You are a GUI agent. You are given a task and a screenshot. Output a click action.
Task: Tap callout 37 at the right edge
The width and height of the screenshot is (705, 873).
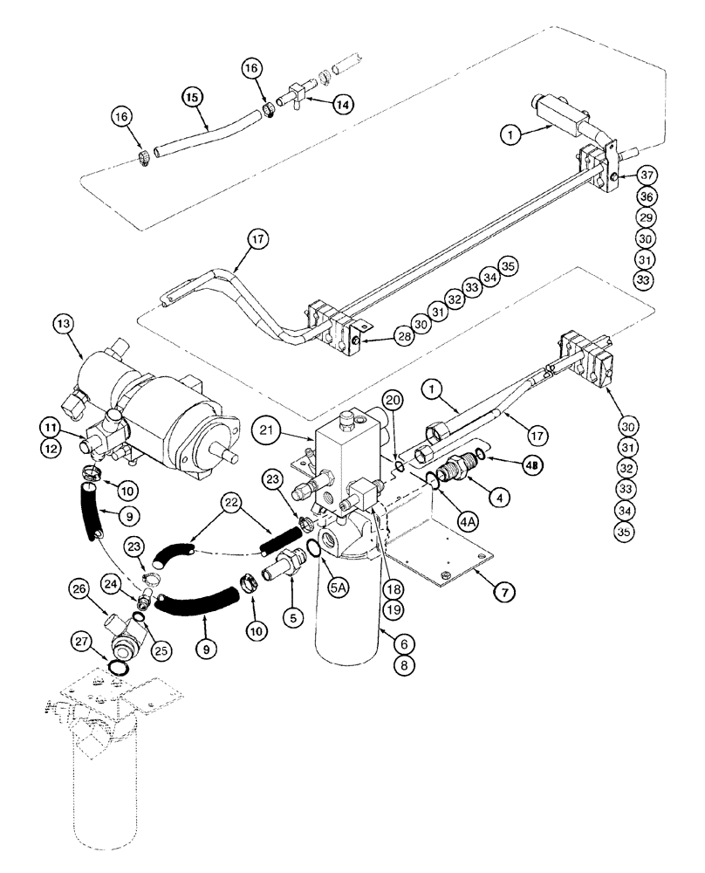(x=645, y=175)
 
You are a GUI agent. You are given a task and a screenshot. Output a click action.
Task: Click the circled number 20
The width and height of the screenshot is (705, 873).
(x=394, y=400)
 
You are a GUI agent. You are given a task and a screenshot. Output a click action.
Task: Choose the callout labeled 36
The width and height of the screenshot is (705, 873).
(x=645, y=196)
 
